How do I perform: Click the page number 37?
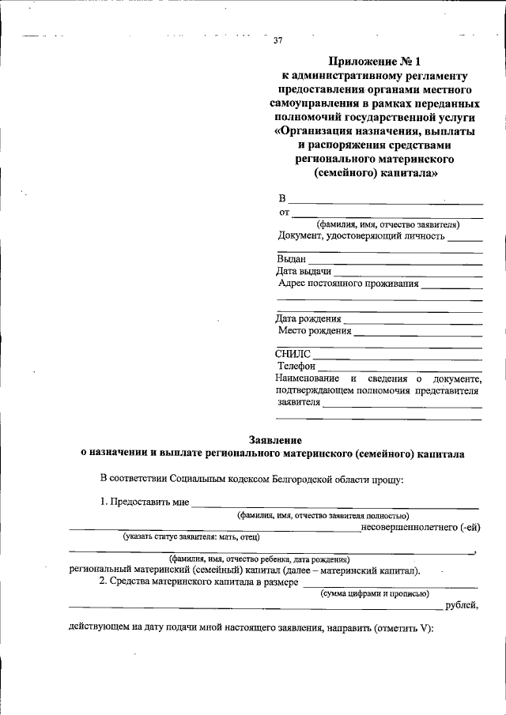point(278,41)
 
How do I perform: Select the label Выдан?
point(290,259)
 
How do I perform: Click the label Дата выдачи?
point(304,271)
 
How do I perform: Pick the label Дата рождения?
point(308,319)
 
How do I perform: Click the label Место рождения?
point(313,331)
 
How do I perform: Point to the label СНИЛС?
point(293,355)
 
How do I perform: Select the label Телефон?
point(296,367)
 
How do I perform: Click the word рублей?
point(463,605)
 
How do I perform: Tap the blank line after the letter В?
point(386,201)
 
